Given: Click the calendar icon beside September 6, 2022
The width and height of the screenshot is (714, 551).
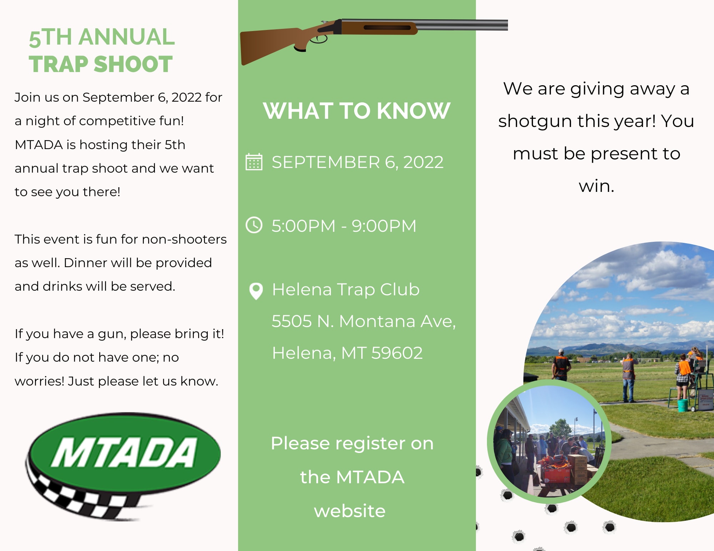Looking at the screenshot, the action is [254, 162].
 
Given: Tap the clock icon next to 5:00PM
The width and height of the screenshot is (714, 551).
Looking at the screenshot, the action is [254, 225].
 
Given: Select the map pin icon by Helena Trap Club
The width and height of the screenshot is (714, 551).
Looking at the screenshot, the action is [256, 291].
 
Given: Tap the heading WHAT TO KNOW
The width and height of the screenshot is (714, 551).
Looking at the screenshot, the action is [356, 111].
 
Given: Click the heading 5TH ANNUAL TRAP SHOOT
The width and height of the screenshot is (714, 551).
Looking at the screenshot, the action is [102, 50].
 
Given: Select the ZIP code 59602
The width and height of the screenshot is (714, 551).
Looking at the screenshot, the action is [397, 353].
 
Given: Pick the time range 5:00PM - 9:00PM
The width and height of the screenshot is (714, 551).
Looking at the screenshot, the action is [344, 226].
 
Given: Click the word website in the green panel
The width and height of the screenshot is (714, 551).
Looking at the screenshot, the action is [350, 511].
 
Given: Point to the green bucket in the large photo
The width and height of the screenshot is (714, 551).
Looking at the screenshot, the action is [683, 405].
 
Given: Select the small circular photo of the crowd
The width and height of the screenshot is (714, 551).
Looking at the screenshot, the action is [549, 442].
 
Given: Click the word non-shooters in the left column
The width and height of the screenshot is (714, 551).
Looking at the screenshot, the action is [184, 239].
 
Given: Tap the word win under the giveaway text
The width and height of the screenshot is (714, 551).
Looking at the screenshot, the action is [596, 186].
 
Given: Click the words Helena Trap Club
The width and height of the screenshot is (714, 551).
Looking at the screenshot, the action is [346, 289].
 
